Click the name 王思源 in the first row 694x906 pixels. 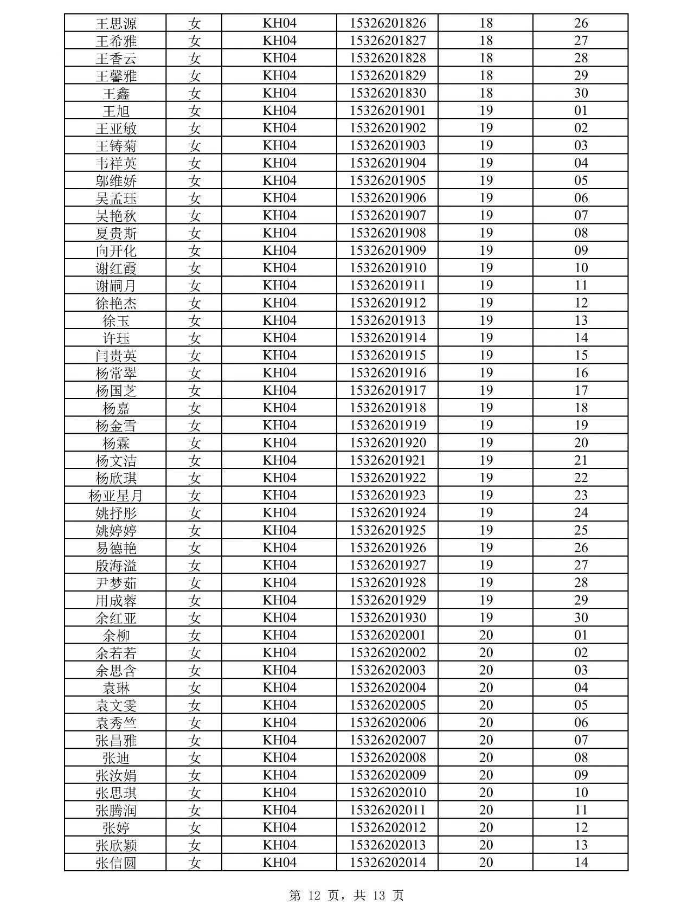click(116, 23)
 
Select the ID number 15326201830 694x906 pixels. click(388, 93)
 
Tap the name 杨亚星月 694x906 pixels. click(116, 496)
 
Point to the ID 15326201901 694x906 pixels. click(388, 111)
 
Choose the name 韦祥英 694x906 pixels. click(116, 163)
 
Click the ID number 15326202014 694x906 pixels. click(388, 863)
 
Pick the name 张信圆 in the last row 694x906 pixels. click(116, 863)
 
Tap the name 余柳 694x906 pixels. click(116, 635)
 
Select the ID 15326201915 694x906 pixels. click(388, 356)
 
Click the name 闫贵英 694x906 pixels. click(116, 356)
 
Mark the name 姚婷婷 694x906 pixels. click(116, 530)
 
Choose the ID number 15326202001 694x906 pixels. click(388, 635)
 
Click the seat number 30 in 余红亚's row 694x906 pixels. click(581, 618)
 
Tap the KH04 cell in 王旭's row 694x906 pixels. click(279, 111)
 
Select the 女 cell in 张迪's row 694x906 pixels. click(194, 758)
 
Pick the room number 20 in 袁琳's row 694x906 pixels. click(486, 688)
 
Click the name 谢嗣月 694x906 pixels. click(116, 286)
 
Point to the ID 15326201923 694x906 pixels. click(388, 496)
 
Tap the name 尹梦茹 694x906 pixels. click(116, 583)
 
